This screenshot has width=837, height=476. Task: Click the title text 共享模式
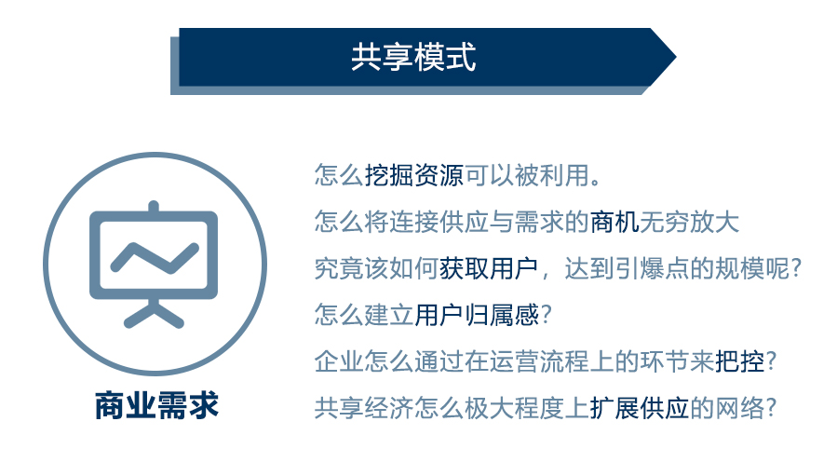(x=413, y=58)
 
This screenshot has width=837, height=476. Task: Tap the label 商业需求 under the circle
(x=156, y=405)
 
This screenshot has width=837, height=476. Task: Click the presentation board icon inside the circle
(x=154, y=262)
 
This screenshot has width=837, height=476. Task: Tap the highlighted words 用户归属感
(x=477, y=316)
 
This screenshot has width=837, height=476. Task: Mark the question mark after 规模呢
(x=794, y=269)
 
